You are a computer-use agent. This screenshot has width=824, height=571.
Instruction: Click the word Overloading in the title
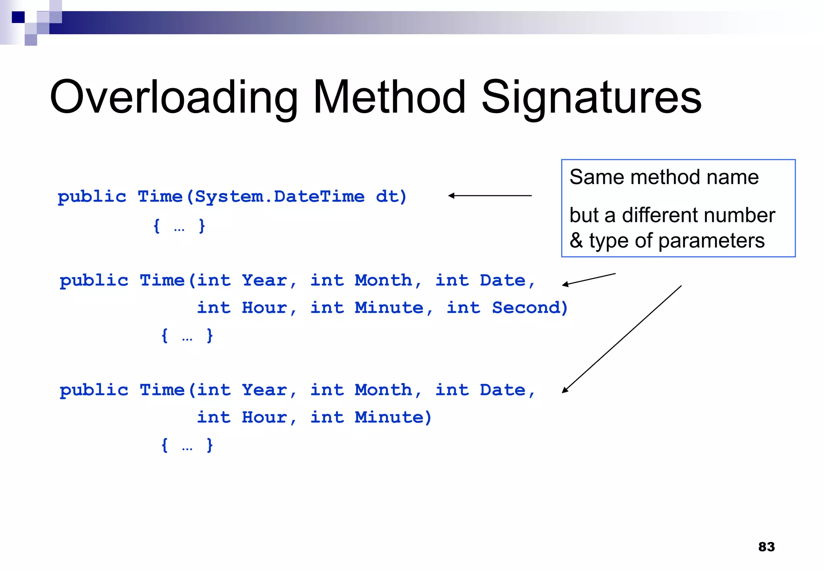(x=173, y=97)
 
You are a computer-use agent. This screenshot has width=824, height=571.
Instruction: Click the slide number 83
(x=766, y=546)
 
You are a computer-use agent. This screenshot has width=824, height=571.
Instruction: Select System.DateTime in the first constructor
(x=279, y=197)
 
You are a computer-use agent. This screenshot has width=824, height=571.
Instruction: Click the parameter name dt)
(x=391, y=197)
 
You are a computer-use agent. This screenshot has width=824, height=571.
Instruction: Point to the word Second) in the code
(x=529, y=308)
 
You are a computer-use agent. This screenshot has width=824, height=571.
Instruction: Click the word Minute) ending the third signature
(x=393, y=417)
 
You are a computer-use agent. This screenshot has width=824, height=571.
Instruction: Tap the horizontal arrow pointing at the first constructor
(x=490, y=196)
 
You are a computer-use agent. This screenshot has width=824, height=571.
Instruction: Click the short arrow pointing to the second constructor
(x=589, y=279)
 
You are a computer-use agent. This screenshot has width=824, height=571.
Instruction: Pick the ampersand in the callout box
(x=576, y=241)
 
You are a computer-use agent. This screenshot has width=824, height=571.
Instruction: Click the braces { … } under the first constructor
(x=179, y=226)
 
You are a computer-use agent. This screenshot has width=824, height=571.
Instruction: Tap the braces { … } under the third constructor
(x=187, y=445)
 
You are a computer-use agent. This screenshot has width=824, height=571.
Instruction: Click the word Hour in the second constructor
(x=264, y=308)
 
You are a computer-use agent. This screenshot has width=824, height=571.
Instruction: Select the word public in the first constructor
(x=92, y=197)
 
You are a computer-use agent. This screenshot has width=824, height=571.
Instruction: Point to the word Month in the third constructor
(x=383, y=390)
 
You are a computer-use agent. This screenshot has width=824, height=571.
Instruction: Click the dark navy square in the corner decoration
(x=18, y=17)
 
